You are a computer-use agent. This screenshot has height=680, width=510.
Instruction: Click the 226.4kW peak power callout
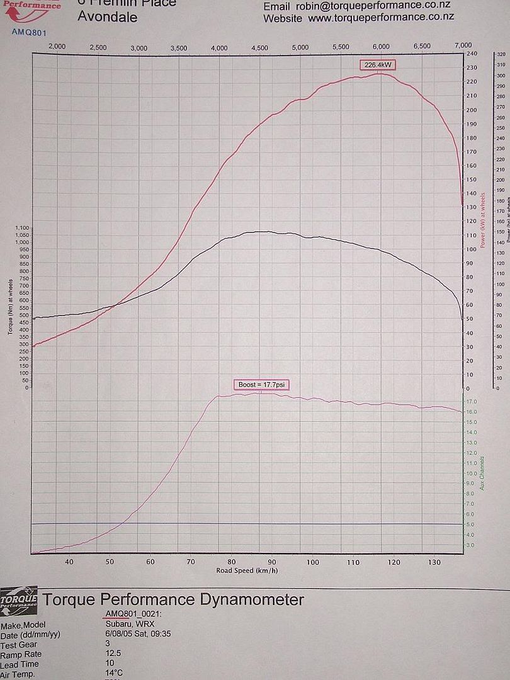point(378,65)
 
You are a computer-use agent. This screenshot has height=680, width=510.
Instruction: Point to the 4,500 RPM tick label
point(259,47)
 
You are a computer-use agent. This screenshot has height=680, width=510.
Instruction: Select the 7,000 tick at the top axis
point(463,46)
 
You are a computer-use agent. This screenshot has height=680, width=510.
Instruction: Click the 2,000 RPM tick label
point(57,47)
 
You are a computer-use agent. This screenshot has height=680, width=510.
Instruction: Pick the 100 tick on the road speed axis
point(313,562)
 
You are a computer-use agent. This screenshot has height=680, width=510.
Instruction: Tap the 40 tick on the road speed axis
point(69,562)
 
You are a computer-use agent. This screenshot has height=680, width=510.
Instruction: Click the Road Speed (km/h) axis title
point(247,570)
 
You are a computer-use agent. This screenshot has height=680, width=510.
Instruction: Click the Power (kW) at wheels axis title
point(482,220)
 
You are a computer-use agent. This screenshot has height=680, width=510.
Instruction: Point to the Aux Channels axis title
point(482,473)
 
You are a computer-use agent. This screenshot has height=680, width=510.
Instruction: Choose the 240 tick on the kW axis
point(471,54)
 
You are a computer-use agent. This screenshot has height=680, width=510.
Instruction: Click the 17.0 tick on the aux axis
point(470,401)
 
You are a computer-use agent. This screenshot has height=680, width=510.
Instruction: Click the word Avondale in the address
point(107,17)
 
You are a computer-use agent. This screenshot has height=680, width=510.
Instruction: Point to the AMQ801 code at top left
point(28,32)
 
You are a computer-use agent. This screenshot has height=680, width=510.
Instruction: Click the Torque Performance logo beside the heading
point(19,597)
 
